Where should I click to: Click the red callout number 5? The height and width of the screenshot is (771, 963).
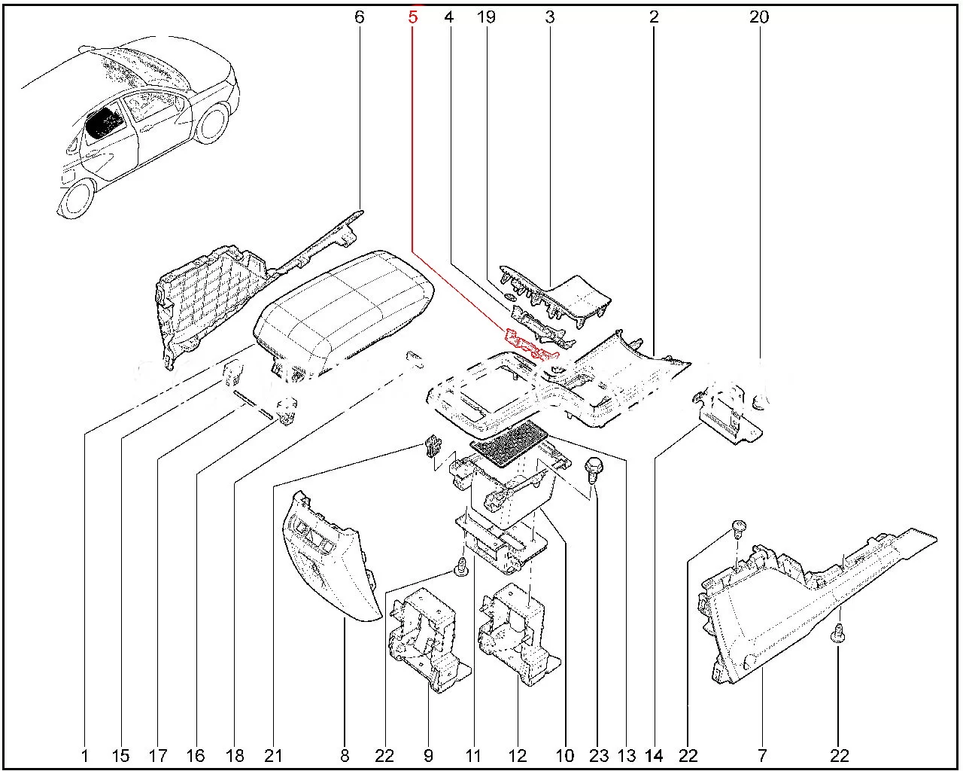click(412, 16)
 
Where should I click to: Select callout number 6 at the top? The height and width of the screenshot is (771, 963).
click(359, 16)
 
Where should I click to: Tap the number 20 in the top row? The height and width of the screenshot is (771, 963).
click(759, 16)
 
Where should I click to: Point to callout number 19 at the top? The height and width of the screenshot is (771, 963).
click(487, 16)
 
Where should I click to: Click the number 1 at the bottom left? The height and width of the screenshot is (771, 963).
click(85, 756)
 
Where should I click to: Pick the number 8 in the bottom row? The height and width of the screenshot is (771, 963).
click(345, 756)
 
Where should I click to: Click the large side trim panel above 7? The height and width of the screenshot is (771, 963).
click(782, 610)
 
